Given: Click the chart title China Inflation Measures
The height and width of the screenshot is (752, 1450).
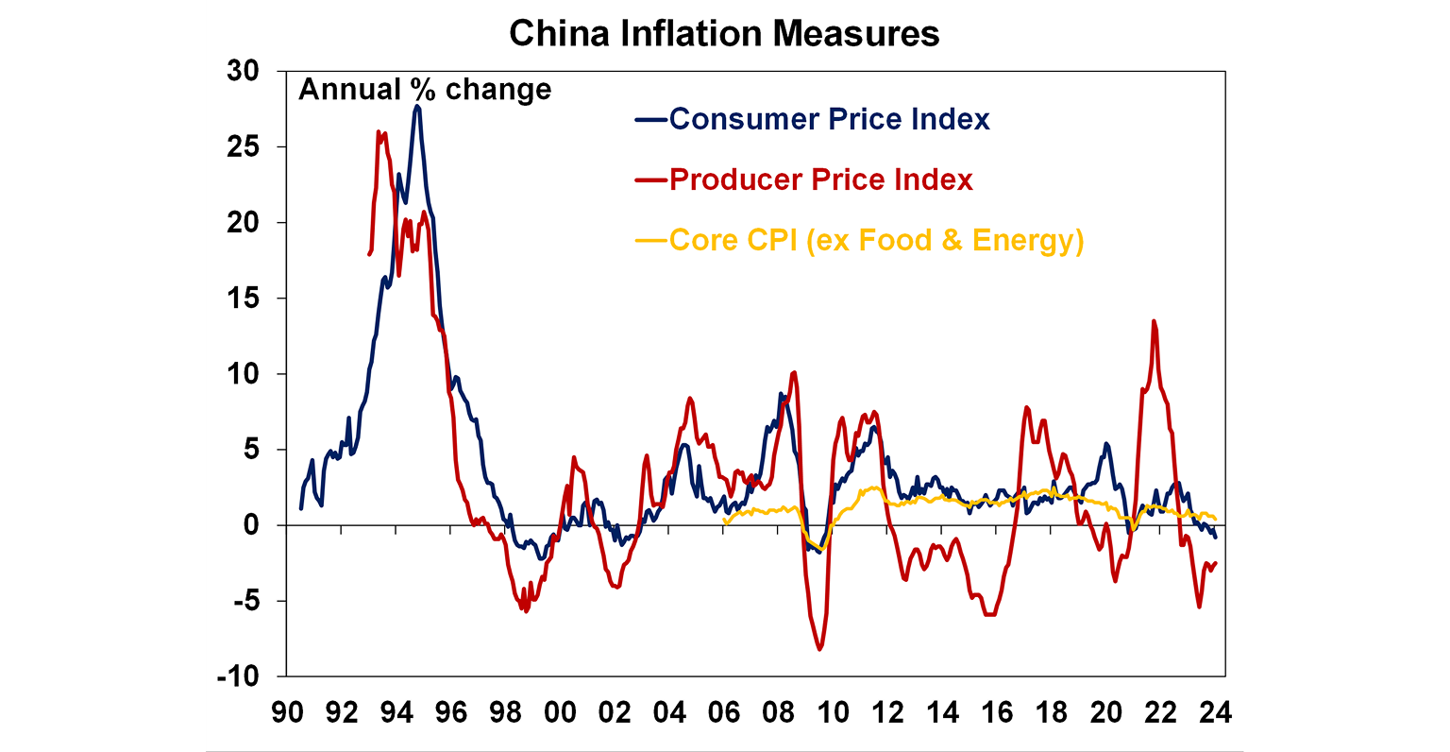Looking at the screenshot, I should tap(724, 34).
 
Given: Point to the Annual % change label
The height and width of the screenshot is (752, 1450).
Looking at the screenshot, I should tap(425, 90).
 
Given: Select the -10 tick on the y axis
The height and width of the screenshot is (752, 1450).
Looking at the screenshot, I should tap(240, 676).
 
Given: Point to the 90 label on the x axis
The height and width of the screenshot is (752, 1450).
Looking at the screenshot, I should tap(288, 711).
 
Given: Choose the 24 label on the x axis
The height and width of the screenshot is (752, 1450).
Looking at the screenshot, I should tap(1215, 711).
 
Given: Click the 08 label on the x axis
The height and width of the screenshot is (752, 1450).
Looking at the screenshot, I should tap(779, 711).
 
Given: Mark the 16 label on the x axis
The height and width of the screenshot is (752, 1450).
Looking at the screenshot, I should tap(997, 711).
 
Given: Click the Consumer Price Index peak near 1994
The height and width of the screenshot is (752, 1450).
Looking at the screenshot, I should tap(416, 107).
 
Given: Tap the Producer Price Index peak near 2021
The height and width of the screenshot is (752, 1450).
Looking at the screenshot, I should tap(1154, 321).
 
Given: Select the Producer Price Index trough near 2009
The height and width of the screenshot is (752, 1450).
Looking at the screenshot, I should tap(819, 649).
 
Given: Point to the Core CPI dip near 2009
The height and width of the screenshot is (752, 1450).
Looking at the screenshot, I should tap(821, 549).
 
